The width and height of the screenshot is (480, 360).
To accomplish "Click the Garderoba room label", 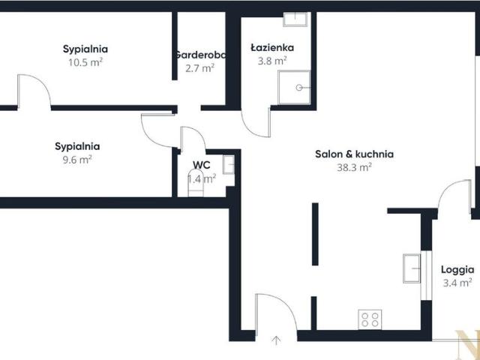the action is click(x=200, y=55).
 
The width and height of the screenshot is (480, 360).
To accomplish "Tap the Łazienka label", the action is click(x=272, y=48).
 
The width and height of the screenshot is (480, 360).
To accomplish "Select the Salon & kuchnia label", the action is click(x=354, y=154).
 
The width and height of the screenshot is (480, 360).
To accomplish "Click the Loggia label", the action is click(x=457, y=270).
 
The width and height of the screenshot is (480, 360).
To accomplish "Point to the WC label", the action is click(x=202, y=165).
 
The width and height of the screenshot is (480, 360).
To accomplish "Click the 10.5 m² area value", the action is click(x=85, y=62).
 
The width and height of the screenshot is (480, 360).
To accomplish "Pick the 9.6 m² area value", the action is click(x=77, y=160).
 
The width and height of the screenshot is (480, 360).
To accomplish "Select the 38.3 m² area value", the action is click(x=354, y=167).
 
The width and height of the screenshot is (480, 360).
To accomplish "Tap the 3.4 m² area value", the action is click(x=457, y=283).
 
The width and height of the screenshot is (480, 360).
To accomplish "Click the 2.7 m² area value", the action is click(x=199, y=68).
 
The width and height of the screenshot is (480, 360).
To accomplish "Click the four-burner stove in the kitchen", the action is click(x=370, y=319).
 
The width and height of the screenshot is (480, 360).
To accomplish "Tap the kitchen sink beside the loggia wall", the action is click(x=412, y=268).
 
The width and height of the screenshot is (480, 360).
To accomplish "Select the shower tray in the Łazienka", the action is click(x=294, y=88).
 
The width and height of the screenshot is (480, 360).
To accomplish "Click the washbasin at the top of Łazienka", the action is click(x=295, y=19).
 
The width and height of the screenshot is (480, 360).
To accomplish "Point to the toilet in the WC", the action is click(x=196, y=183).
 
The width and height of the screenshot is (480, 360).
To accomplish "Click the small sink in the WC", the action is click(x=229, y=165).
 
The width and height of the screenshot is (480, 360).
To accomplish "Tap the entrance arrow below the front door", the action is click(x=277, y=340).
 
